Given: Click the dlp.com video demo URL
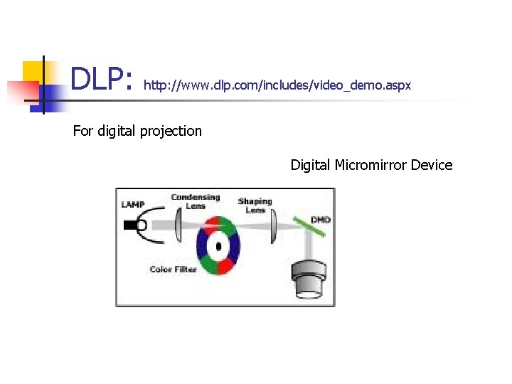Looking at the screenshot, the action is coord(277,85).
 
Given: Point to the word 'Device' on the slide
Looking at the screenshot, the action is coord(432,165).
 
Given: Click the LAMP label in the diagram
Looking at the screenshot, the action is coord(132,205).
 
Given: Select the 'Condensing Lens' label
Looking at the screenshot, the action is coord(195,201).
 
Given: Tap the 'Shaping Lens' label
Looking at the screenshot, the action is coord(255,206).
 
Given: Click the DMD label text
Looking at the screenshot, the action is coord(320,220).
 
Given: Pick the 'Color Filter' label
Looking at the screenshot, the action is coord(174,270).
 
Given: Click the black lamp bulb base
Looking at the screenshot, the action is coord(130,225).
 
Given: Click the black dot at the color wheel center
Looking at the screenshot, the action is coord(219,247).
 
